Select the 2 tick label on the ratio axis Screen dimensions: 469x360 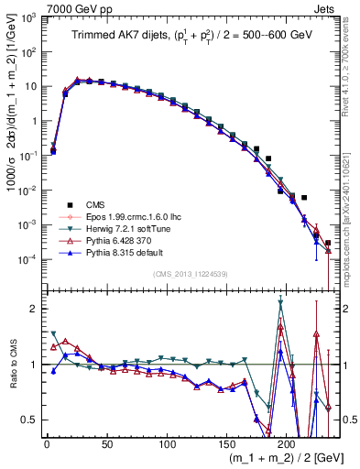tap(33, 309)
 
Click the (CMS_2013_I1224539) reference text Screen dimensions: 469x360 tap(189, 272)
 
